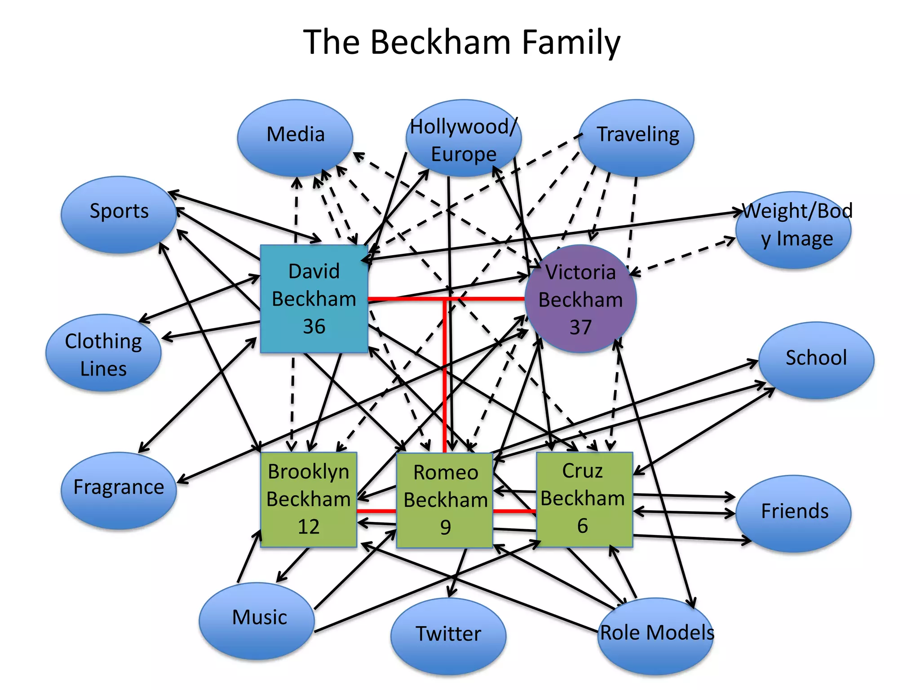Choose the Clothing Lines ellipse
[x=103, y=353]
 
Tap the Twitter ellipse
[x=448, y=636]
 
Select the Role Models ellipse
[x=656, y=636]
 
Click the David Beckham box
[x=314, y=299]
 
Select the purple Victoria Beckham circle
[x=580, y=299]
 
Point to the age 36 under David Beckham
[x=314, y=327]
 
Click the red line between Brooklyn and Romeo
[x=376, y=511]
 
